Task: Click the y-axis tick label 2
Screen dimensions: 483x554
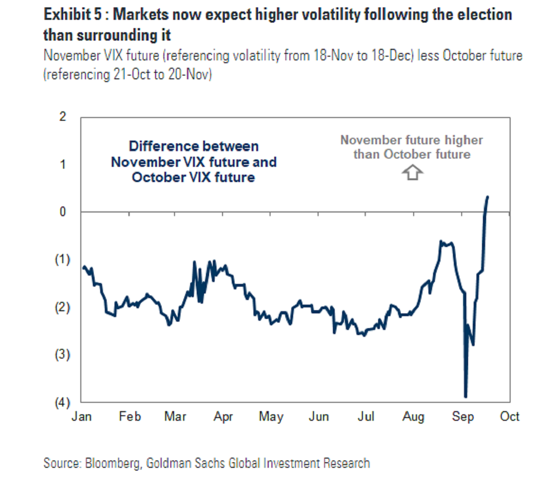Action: (63, 117)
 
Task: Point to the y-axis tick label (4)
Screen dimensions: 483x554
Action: (62, 402)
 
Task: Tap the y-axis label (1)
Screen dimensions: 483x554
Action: (62, 259)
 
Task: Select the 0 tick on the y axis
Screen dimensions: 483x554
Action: (63, 212)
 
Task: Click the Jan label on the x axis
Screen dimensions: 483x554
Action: (81, 417)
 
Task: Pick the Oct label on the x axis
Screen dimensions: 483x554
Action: (510, 417)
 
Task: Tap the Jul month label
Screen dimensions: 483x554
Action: (366, 417)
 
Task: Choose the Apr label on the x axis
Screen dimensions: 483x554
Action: (223, 417)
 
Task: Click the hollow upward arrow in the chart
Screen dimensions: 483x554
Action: (412, 173)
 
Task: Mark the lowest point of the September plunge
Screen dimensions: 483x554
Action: (465, 396)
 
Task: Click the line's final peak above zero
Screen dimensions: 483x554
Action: (488, 197)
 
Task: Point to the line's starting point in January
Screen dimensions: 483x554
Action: (84, 266)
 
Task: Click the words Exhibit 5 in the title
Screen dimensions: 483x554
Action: (72, 15)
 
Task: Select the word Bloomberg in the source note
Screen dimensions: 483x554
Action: (113, 463)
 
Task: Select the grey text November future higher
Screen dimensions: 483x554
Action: (411, 140)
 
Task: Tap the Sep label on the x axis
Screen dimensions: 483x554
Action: (463, 417)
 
